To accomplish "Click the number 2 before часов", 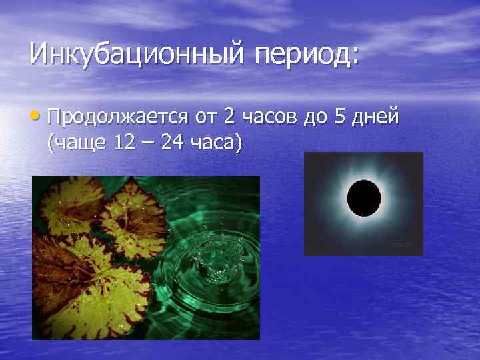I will pyautogui.click(x=229, y=118).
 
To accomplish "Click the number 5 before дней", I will pyautogui.click(x=340, y=118).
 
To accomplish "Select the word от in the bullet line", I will pyautogui.click(x=205, y=119).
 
